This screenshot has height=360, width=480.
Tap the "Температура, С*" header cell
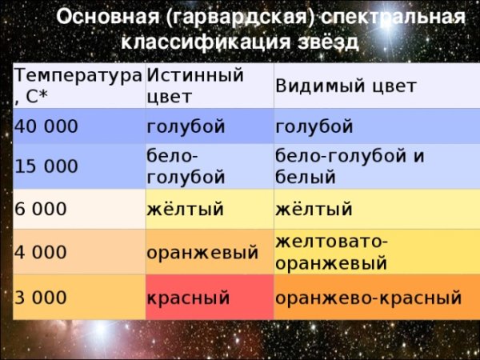(76, 86)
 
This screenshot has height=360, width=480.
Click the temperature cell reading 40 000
(76, 127)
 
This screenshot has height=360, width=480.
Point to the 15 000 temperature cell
(76, 166)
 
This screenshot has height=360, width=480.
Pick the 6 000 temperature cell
(76, 210)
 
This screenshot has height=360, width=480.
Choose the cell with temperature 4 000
(76, 252)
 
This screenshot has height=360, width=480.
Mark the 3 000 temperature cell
(76, 297)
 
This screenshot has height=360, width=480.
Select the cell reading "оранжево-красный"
(369, 298)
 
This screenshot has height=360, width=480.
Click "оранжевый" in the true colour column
(202, 253)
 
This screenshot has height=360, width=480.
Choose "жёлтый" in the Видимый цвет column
(314, 210)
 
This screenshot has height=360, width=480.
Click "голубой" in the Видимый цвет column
(314, 127)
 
